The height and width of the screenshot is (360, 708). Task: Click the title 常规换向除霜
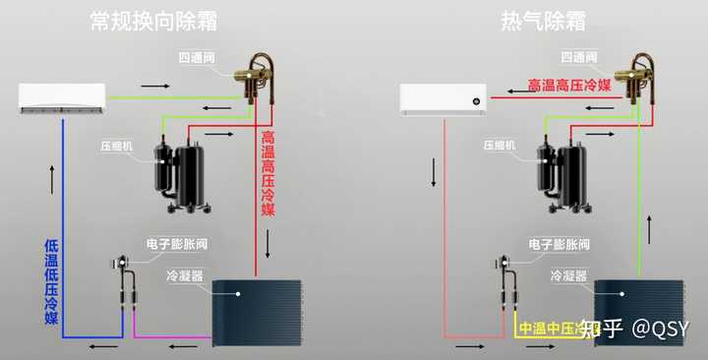(x=153, y=21)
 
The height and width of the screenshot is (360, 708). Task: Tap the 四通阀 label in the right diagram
(x=578, y=58)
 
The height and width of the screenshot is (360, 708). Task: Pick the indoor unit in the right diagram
(x=443, y=98)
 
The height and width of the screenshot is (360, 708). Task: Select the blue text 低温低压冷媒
(x=52, y=281)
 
